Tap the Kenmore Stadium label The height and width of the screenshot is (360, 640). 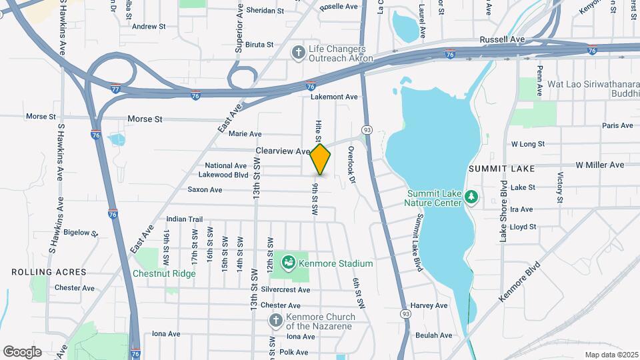pyautogui.click(x=336, y=263)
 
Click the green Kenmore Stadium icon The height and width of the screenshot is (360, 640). pyautogui.click(x=289, y=263)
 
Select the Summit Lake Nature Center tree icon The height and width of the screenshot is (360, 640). pyautogui.click(x=471, y=197)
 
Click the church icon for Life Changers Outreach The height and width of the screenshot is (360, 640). pyautogui.click(x=298, y=51)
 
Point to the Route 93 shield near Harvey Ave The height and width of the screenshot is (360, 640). pyautogui.click(x=405, y=313)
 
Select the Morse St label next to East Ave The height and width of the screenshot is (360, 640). pyautogui.click(x=145, y=119)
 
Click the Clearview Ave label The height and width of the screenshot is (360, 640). pyautogui.click(x=283, y=151)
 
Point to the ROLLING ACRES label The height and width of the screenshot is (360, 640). pyautogui.click(x=49, y=272)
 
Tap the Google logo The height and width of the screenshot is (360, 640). pyautogui.click(x=22, y=351)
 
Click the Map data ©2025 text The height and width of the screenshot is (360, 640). pyautogui.click(x=611, y=355)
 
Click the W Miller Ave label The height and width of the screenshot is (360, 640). pyautogui.click(x=599, y=165)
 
